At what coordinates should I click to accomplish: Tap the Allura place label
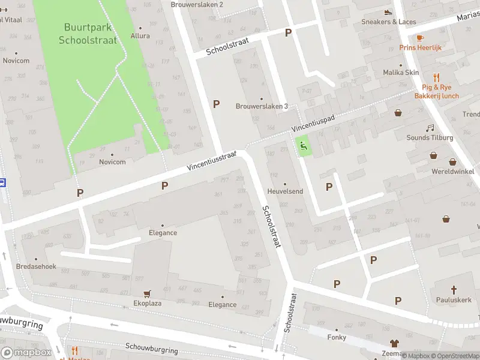140,35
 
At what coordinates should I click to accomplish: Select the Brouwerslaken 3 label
262,106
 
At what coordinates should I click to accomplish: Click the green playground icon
304,145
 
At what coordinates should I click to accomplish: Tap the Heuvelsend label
285,191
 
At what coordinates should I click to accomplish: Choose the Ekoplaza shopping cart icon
147,293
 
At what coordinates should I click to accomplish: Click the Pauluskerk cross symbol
454,289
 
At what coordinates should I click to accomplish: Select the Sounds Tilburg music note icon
430,128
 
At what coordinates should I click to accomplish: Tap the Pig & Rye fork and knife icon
436,77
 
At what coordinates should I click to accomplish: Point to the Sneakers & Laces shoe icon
388,12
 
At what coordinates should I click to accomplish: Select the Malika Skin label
401,73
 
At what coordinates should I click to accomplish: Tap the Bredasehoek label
36,266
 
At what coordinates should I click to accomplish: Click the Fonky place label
337,337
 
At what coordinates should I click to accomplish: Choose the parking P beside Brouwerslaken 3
216,104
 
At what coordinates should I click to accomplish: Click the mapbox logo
26,353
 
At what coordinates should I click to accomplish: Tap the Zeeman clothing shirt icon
394,344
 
